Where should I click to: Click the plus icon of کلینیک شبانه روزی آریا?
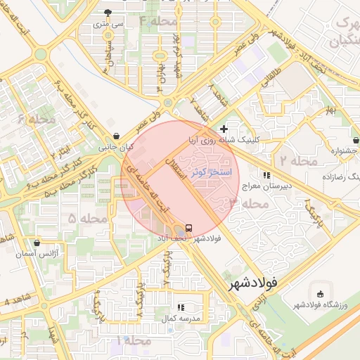click(224, 129)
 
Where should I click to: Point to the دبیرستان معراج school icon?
click(266, 175)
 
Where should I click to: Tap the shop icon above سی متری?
click(107, 13)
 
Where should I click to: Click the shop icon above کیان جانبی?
click(115, 136)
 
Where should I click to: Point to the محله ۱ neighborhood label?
click(135, 340)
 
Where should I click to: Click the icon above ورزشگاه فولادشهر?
click(321, 293)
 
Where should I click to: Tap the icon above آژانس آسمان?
click(37, 240)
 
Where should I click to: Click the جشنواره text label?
click(345, 150)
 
